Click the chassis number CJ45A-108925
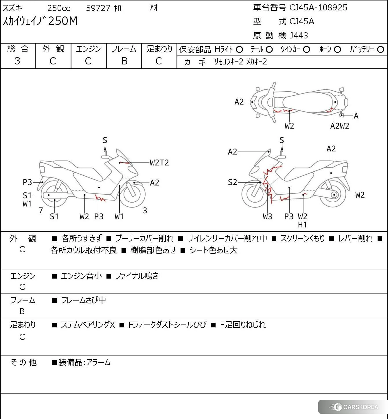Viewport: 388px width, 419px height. point(318,8)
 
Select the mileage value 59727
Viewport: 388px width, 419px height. point(98,8)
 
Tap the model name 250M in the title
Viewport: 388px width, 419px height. point(63,21)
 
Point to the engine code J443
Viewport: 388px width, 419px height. point(299,36)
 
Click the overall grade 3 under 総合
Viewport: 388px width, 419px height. point(17,61)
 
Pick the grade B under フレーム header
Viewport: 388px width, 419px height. point(124,61)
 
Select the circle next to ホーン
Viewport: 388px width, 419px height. point(337,50)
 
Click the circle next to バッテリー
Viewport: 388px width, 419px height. point(380,50)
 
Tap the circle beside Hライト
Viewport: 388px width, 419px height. point(239,50)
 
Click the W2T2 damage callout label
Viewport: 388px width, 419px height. point(159,163)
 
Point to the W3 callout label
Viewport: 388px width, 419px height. point(267,216)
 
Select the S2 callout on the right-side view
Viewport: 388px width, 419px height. point(232,182)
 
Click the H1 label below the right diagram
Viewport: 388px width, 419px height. point(302,225)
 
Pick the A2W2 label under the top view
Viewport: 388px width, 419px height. point(340,126)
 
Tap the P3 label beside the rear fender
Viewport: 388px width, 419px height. point(27,182)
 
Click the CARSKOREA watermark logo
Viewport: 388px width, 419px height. point(353,407)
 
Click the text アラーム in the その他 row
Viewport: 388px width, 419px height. point(98,362)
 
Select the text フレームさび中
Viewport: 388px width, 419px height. point(83,300)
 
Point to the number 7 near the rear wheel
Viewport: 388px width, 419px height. point(41,210)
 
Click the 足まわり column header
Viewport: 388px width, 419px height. point(159,49)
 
